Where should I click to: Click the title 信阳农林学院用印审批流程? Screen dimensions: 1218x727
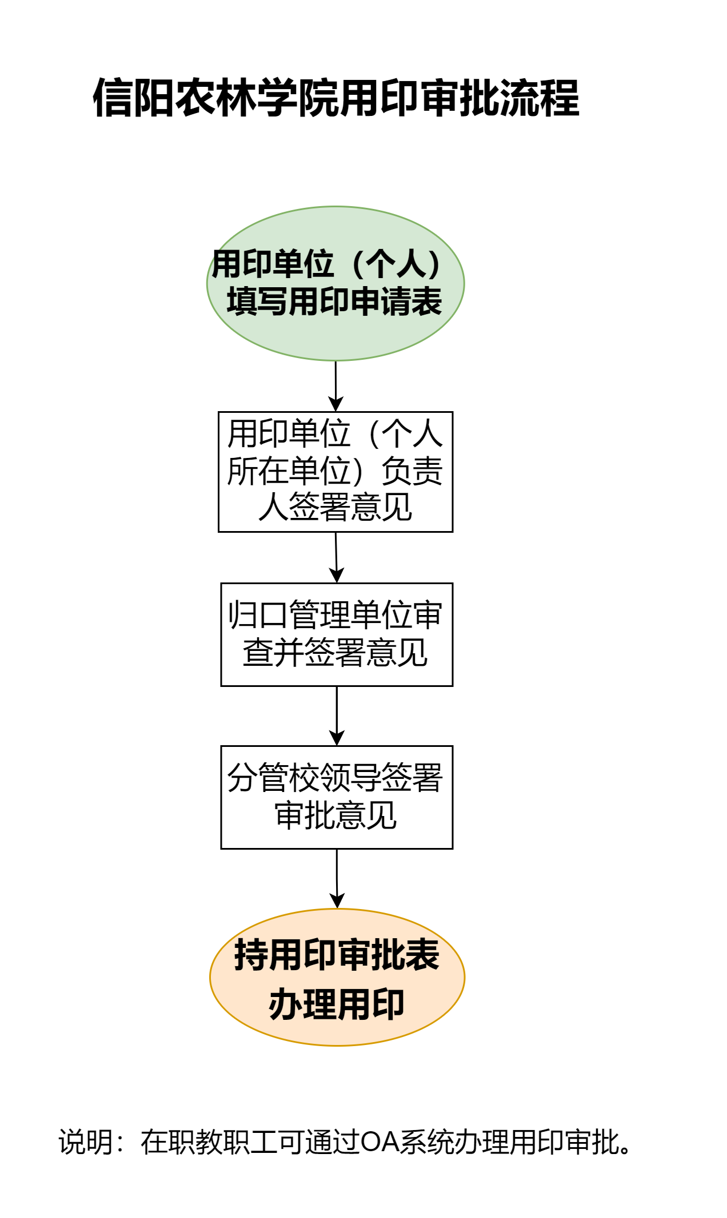336,98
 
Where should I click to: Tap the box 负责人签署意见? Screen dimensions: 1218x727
335,472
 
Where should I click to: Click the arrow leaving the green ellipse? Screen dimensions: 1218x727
335,386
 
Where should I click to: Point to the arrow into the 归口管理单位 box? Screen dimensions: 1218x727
336,557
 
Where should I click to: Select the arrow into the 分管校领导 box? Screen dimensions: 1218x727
337,715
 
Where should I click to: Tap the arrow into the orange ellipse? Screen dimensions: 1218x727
337,878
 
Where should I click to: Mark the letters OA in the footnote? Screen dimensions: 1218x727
380,1143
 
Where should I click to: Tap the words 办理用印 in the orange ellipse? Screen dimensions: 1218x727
336,1004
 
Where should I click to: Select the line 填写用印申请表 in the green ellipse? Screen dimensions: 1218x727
334,302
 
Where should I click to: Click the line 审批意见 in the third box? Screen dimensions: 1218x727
335,815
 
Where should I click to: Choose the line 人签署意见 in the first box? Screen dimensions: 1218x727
335,507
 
